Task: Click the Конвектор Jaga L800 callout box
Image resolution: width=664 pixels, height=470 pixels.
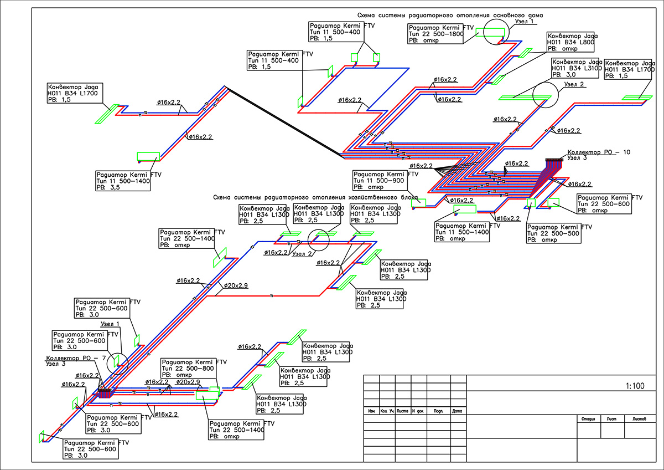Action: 573,42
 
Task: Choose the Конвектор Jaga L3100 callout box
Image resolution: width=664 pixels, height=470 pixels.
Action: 576,68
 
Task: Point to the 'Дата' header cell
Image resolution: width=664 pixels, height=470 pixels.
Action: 456,411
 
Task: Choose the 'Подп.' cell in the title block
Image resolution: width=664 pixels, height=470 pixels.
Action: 437,411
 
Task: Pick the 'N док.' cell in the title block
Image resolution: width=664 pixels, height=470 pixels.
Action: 417,411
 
